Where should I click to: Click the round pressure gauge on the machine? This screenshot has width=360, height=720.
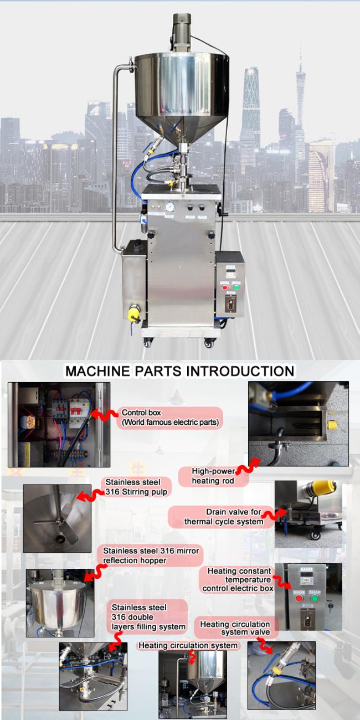[x=169, y=207]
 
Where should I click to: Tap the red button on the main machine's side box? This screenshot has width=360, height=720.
[x=225, y=287]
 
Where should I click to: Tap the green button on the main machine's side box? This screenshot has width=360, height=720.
[x=236, y=287]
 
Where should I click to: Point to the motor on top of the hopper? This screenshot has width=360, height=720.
[x=181, y=32]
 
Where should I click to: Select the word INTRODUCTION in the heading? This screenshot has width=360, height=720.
[x=240, y=371]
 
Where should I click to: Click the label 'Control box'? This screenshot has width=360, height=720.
[x=141, y=413]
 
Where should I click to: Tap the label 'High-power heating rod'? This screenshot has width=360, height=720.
[x=213, y=476]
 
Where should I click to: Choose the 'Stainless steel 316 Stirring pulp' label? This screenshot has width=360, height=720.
[x=136, y=487]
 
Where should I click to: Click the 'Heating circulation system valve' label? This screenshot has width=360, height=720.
[x=235, y=628]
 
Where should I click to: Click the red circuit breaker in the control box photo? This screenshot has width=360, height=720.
[x=75, y=411]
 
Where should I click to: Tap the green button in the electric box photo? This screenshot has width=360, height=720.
[x=315, y=599]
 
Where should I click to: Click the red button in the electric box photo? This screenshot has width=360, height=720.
[x=299, y=599]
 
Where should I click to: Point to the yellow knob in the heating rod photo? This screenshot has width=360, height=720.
[x=332, y=425]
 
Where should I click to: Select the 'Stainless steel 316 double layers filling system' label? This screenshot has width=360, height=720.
[x=148, y=617]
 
